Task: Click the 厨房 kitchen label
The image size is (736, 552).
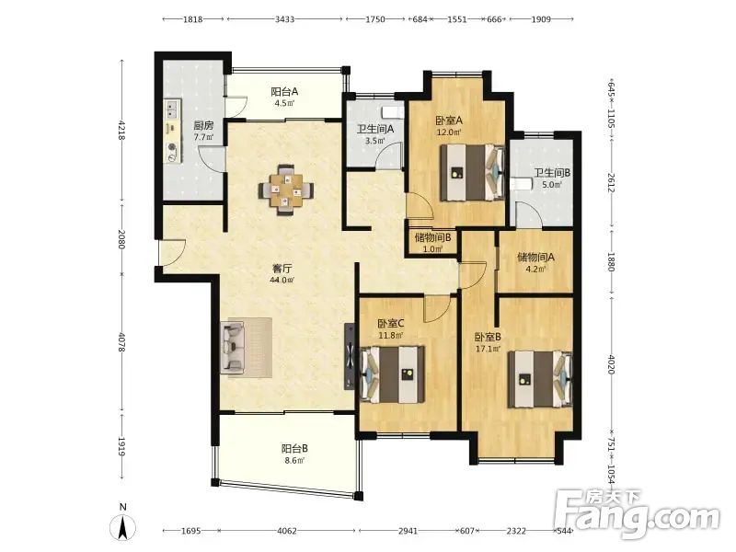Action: [203, 126]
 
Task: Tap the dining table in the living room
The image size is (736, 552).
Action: [286, 190]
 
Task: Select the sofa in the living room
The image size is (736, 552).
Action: [233, 348]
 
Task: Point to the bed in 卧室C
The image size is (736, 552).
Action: [393, 374]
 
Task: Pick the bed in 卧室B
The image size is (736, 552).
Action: [540, 379]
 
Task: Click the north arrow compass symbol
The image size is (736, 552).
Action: [123, 524]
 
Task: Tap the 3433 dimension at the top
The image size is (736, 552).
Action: [284, 19]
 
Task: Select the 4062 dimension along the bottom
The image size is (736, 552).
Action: [287, 531]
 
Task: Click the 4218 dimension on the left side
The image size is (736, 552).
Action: [122, 131]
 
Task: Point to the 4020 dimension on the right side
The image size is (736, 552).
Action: [611, 364]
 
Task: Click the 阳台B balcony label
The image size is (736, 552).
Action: [294, 448]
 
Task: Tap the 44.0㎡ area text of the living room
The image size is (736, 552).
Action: [282, 281]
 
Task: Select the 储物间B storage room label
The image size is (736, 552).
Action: [432, 237]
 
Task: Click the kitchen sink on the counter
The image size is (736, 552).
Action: [171, 109]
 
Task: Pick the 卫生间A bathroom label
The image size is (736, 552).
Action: [375, 129]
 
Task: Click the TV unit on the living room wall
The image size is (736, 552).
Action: [350, 357]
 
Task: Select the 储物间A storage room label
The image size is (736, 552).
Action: [535, 258]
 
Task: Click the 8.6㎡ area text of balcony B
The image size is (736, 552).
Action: [294, 461]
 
